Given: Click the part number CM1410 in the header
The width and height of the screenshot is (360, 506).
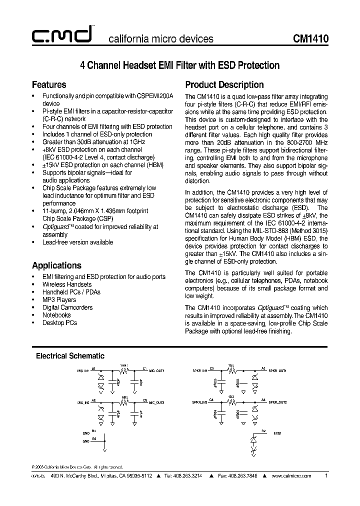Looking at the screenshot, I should (x=310, y=39).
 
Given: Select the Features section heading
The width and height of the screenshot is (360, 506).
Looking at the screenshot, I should (x=49, y=84).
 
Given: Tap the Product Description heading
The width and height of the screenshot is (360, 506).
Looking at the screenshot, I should (x=224, y=84).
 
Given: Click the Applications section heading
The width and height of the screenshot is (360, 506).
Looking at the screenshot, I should (x=56, y=265).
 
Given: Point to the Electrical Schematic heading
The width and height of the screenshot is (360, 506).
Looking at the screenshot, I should (x=70, y=356).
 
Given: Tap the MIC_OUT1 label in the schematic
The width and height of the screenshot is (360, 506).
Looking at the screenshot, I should (x=156, y=370).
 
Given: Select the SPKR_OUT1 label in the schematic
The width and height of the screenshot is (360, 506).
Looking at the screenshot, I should (x=277, y=370).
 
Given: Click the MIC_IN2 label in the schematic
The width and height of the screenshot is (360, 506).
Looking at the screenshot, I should (x=83, y=401).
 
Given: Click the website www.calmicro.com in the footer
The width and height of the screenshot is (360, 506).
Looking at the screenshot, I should (x=292, y=475).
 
